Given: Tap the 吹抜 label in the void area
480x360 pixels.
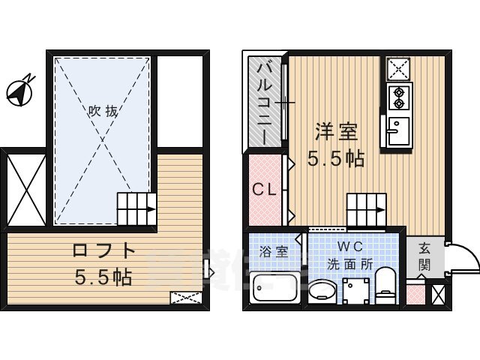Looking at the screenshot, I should tap(103, 111).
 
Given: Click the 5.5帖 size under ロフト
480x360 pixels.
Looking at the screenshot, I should tap(103, 277).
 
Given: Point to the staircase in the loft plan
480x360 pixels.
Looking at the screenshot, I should tap(136, 205).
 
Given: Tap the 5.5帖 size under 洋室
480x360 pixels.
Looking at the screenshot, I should tap(335, 158).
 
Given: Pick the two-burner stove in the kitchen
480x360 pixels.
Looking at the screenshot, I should tap(397, 97).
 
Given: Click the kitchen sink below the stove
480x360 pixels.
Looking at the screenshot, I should tap(396, 130).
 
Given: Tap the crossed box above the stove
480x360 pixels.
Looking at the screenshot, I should tap(397, 69).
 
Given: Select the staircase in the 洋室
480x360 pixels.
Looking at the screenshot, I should tap(366, 205).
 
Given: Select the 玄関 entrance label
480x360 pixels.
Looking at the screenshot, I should tap(424, 256).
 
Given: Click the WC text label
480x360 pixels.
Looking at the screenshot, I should tap(349, 247).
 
